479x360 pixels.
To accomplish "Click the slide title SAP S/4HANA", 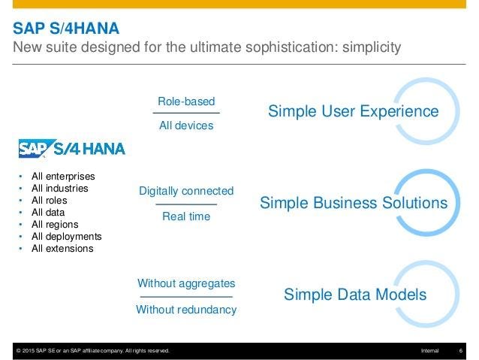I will click(66, 29).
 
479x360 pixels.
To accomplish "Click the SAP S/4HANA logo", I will click(72, 147).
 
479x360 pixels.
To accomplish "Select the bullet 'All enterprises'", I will click(63, 177).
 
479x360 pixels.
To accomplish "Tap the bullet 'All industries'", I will click(59, 189).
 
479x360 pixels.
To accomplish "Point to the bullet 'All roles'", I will click(49, 201).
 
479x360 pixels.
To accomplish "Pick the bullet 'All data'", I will click(48, 213).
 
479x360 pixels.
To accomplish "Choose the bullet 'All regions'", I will click(55, 224).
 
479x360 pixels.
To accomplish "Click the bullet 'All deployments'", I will click(66, 236).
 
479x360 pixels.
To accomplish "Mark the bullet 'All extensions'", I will click(62, 248).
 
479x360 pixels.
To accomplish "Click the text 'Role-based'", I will click(186, 101).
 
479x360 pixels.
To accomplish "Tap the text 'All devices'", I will click(186, 126).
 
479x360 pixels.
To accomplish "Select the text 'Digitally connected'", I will click(186, 191).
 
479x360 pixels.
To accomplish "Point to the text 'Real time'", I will click(186, 216).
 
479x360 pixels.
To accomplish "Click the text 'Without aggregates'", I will click(186, 283).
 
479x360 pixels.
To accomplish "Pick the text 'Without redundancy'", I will click(186, 309).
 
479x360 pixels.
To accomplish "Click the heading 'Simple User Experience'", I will click(353, 111).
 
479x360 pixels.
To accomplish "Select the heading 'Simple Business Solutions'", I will click(353, 203).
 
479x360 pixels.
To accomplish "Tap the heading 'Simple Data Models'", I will click(354, 295).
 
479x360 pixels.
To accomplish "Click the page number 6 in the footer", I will click(459, 351).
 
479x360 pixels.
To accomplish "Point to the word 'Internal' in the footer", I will click(430, 351).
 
